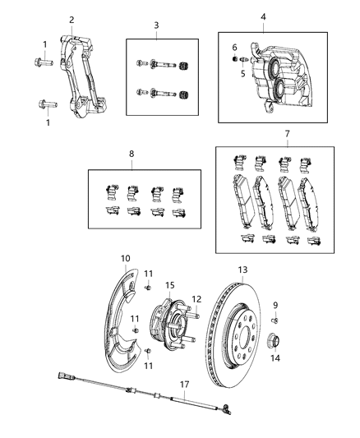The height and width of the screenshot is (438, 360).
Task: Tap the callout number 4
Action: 263,16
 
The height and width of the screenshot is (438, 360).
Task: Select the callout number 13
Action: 242,270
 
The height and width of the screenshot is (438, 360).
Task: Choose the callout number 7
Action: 287,133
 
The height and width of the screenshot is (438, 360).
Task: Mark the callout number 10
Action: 126,259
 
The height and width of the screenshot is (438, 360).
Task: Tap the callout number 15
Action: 170,285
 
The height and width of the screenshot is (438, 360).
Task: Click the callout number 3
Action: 155,25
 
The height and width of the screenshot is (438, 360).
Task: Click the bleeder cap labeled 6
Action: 233,61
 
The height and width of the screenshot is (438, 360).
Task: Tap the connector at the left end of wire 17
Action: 61,380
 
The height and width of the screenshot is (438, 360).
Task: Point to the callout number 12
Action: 196,299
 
